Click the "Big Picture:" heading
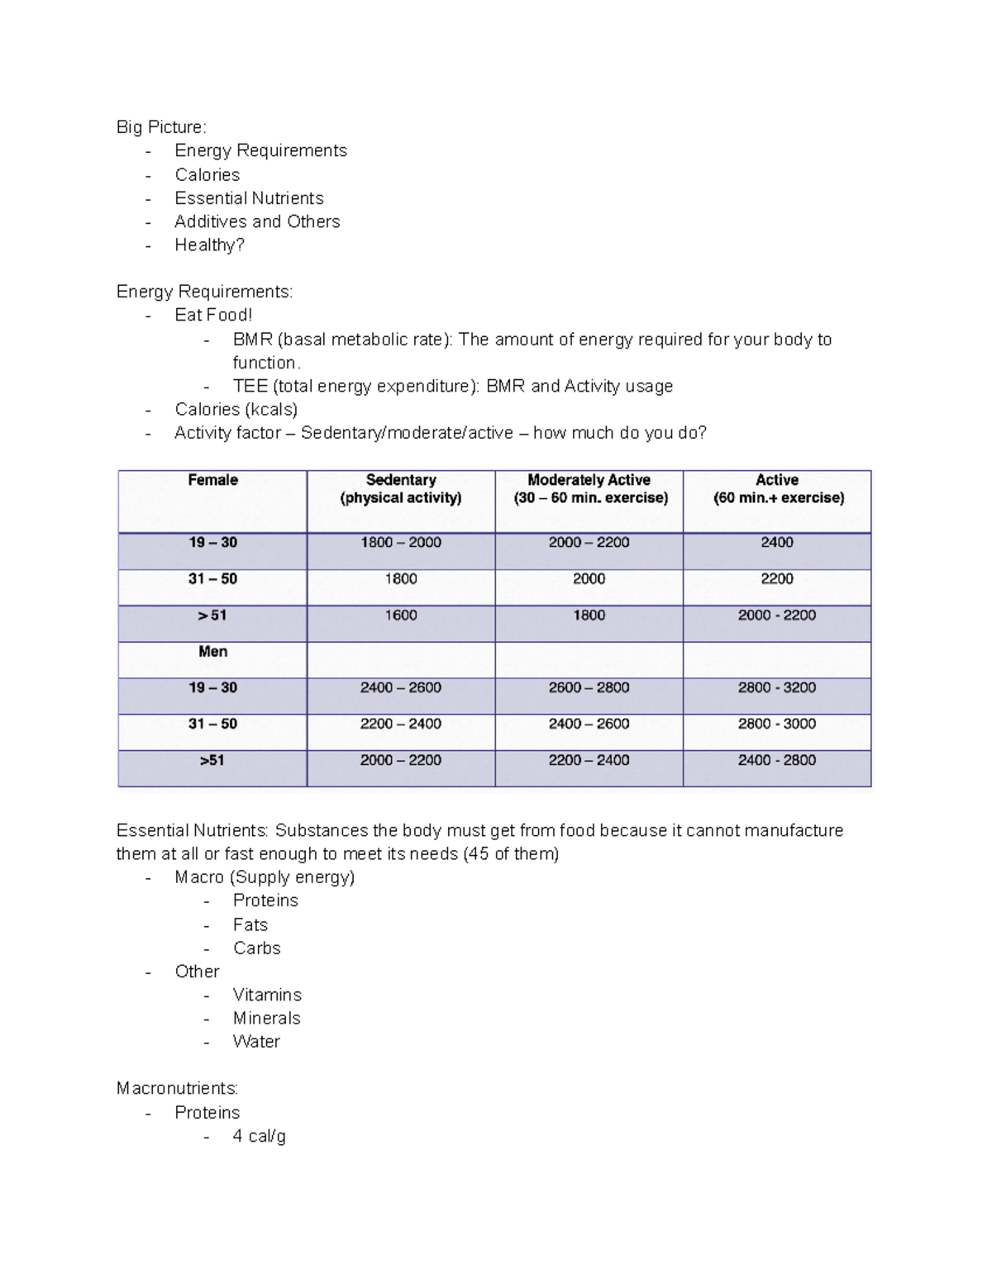161,127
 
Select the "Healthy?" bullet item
209,245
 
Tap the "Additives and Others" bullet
257,221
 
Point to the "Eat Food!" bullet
213,315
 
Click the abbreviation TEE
250,386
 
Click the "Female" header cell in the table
212,480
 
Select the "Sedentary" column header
401,480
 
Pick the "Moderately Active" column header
589,480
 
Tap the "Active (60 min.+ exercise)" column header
777,489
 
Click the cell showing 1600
401,615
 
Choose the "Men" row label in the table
212,652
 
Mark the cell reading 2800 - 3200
777,687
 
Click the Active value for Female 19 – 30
777,543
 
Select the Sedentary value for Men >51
401,760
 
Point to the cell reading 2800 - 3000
777,724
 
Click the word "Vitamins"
267,995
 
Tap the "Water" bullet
256,1042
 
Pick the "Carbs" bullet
256,948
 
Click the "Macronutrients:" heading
177,1088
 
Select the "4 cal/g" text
259,1136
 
